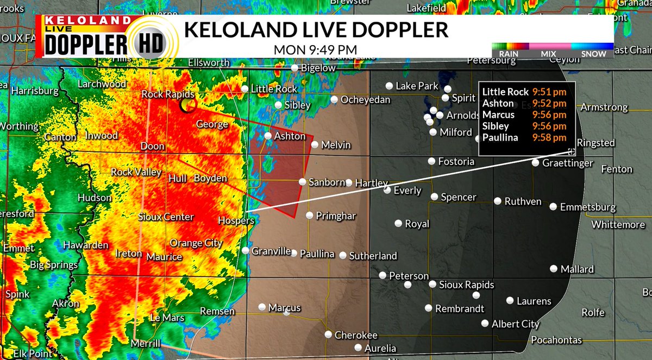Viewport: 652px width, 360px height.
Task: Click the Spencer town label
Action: (459, 197)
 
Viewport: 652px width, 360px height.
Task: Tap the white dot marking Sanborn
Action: (303, 182)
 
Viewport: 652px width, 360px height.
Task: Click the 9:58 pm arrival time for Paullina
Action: (549, 137)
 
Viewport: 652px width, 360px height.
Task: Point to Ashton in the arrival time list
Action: (498, 103)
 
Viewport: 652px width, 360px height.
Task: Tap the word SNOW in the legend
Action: (594, 54)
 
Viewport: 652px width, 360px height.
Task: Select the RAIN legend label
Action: (509, 54)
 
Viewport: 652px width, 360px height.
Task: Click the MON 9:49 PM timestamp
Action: (315, 49)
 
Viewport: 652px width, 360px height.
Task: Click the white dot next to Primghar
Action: (309, 216)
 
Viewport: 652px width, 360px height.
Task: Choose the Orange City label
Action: (196, 243)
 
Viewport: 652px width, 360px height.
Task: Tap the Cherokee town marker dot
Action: (328, 335)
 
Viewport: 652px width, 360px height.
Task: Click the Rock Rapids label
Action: (164, 94)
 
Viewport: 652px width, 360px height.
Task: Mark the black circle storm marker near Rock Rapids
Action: (188, 104)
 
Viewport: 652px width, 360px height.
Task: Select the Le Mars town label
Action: (167, 318)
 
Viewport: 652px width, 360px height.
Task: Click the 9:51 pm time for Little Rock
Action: (549, 92)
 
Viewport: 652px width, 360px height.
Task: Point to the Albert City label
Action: (516, 324)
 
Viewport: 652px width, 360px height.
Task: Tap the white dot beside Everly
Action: (387, 190)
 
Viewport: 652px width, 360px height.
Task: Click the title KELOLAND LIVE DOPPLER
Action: (316, 30)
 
